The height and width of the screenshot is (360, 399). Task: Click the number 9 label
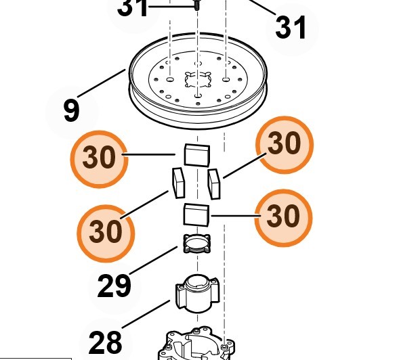pyautogui.click(x=72, y=110)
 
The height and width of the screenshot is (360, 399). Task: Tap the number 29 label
pyautogui.click(x=114, y=286)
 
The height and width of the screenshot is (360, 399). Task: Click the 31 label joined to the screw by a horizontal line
pyautogui.click(x=132, y=7)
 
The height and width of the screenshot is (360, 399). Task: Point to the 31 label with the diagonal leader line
pyautogui.click(x=291, y=27)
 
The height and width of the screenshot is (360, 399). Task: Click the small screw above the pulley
pyautogui.click(x=196, y=5)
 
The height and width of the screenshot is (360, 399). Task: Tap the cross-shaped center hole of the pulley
pyautogui.click(x=198, y=79)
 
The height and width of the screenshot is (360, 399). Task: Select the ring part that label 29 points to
pyautogui.click(x=197, y=244)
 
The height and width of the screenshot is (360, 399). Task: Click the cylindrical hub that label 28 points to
pyautogui.click(x=197, y=294)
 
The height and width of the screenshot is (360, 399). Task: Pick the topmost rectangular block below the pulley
pyautogui.click(x=197, y=155)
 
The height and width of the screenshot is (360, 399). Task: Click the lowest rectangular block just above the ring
pyautogui.click(x=196, y=215)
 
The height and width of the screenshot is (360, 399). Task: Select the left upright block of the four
pyautogui.click(x=178, y=183)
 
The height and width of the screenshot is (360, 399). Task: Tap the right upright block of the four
pyautogui.click(x=214, y=184)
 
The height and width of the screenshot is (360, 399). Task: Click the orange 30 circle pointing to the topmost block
pyautogui.click(x=99, y=159)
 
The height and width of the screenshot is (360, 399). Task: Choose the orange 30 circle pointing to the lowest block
pyautogui.click(x=283, y=218)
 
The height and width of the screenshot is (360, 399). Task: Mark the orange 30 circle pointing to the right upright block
pyautogui.click(x=285, y=145)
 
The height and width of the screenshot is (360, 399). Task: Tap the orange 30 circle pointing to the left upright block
pyautogui.click(x=106, y=233)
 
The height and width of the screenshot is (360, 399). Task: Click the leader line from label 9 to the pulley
pyautogui.click(x=102, y=83)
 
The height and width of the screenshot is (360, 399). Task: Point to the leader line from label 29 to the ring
pyautogui.click(x=154, y=260)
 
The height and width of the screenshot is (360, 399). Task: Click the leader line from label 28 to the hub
pyautogui.click(x=146, y=314)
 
